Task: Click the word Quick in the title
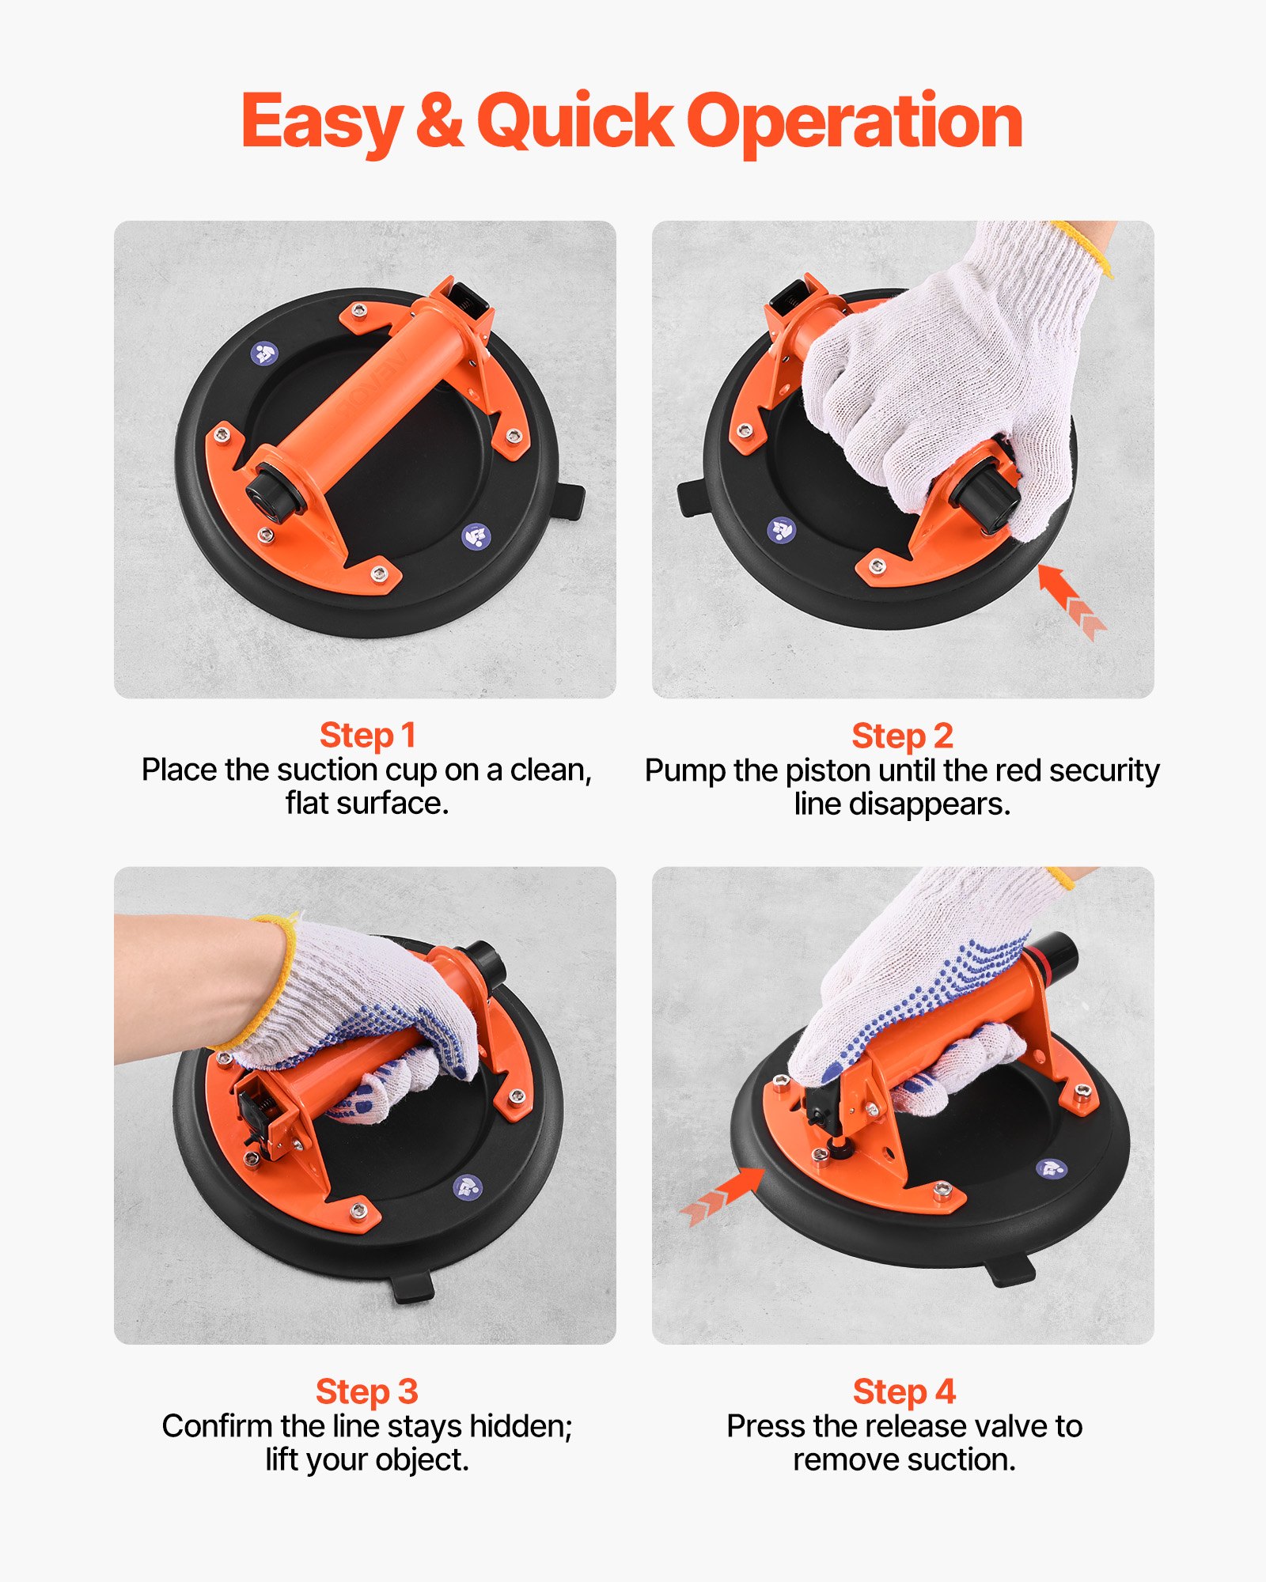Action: tap(575, 123)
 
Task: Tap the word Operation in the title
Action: tap(855, 123)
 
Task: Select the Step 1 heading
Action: tap(367, 735)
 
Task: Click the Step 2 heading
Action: tap(902, 736)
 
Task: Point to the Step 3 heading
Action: tap(366, 1391)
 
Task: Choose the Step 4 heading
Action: tap(904, 1391)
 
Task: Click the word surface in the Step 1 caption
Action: tap(392, 804)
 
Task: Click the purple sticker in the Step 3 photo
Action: tap(467, 1186)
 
